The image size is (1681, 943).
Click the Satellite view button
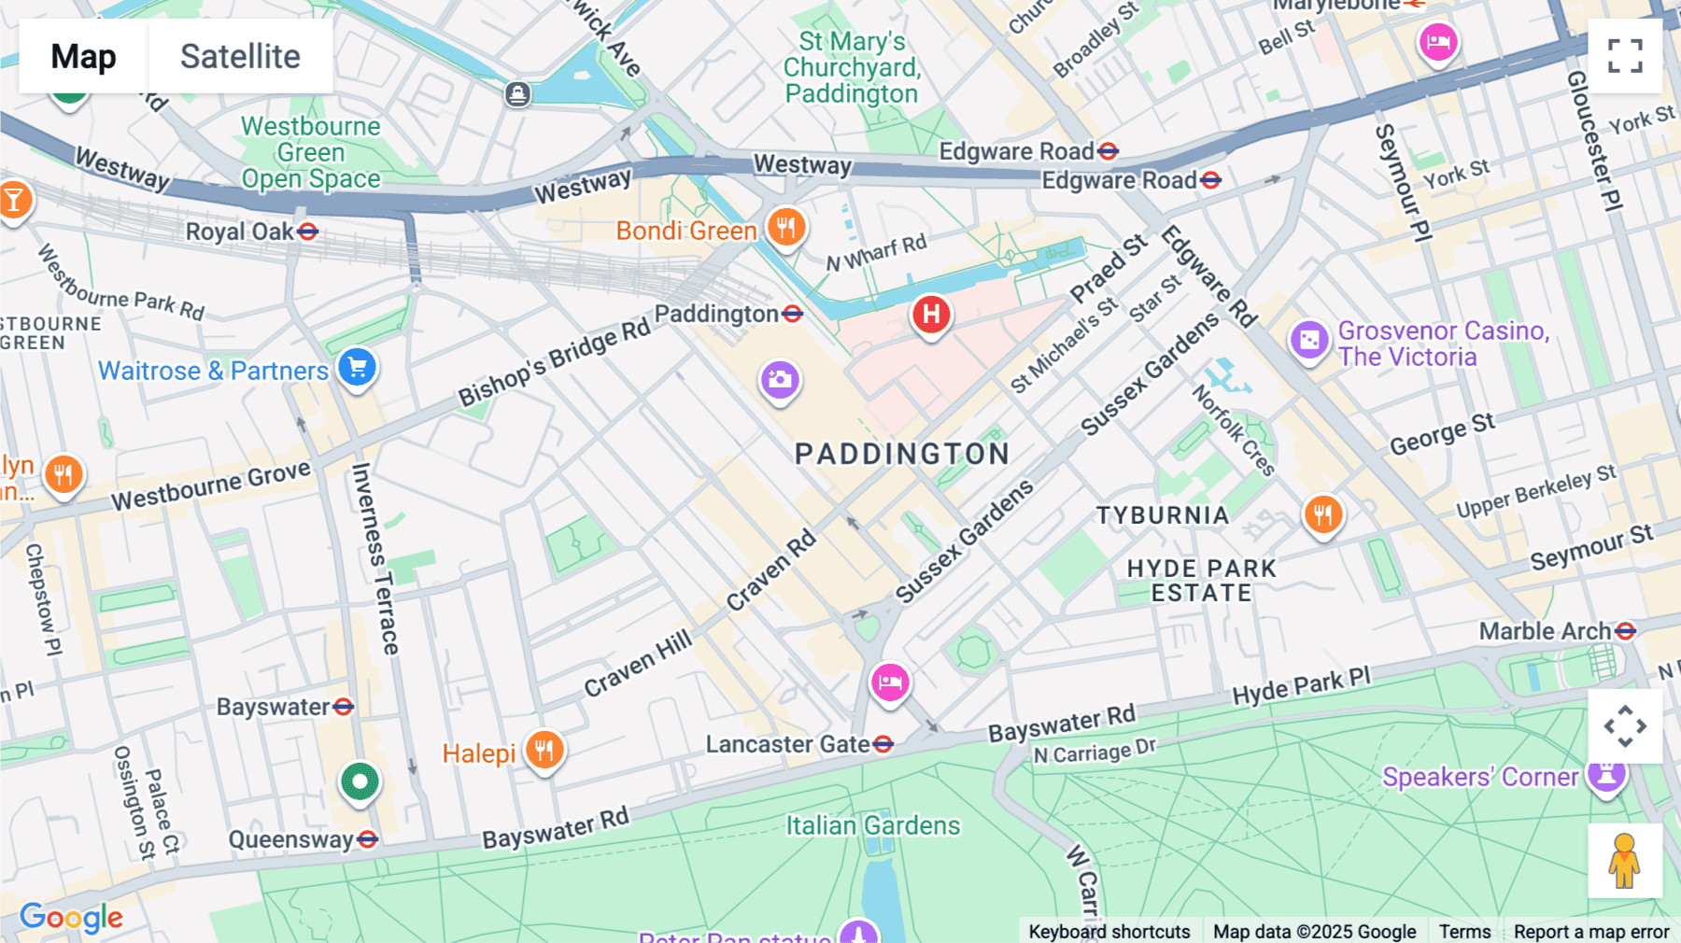click(x=240, y=56)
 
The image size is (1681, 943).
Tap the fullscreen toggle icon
click(x=1625, y=56)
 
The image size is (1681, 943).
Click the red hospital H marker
click(x=931, y=315)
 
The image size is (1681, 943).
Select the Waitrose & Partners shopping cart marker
click(x=357, y=367)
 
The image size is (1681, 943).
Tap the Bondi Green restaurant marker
click(x=786, y=227)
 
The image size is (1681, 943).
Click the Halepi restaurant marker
click(x=544, y=750)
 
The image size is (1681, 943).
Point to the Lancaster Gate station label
click(x=787, y=744)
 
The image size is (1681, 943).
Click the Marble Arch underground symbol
click(x=1625, y=631)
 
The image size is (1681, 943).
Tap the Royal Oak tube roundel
click(x=307, y=232)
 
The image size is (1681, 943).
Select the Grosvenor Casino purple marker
click(x=1309, y=340)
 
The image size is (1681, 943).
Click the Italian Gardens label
click(x=872, y=825)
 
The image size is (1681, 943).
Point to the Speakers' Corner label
click(x=1479, y=777)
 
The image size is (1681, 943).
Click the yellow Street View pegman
click(x=1624, y=861)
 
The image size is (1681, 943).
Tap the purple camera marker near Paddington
click(x=780, y=380)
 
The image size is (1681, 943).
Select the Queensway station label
click(x=290, y=839)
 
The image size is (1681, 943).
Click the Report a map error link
click(x=1590, y=931)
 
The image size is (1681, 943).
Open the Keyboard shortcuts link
click(x=1109, y=931)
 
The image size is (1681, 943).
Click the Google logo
click(x=71, y=918)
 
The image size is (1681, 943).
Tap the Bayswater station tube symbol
click(x=343, y=707)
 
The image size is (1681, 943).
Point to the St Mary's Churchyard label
click(x=851, y=67)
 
